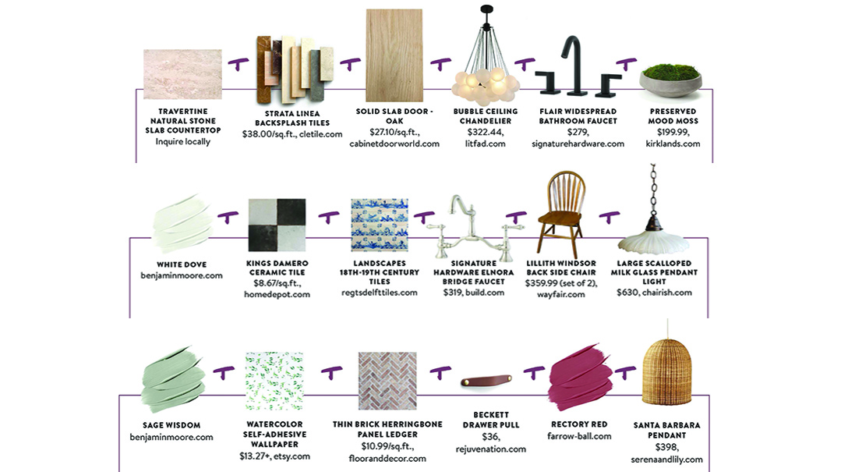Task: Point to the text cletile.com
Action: click(322, 134)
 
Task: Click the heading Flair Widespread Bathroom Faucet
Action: click(578, 116)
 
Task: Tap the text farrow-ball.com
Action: click(579, 436)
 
